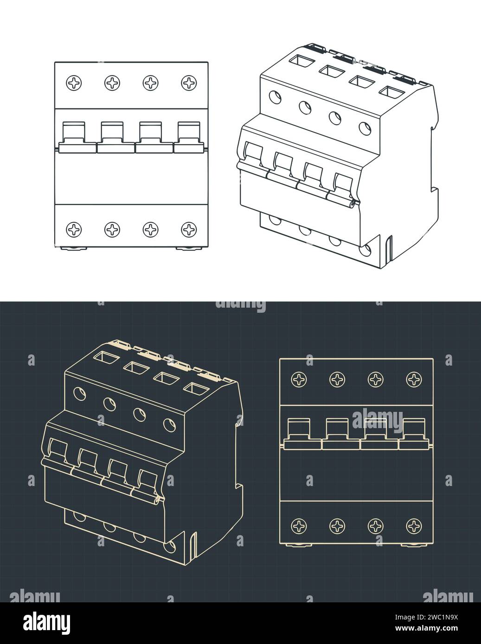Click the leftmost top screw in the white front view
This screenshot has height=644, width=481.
click(74, 83)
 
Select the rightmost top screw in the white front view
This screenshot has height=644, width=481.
click(188, 83)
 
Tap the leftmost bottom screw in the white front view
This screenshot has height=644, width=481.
click(74, 228)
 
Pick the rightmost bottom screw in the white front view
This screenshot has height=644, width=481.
click(188, 228)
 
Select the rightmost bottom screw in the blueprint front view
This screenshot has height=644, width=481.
click(413, 525)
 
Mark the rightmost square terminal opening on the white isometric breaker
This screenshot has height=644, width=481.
click(390, 90)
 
